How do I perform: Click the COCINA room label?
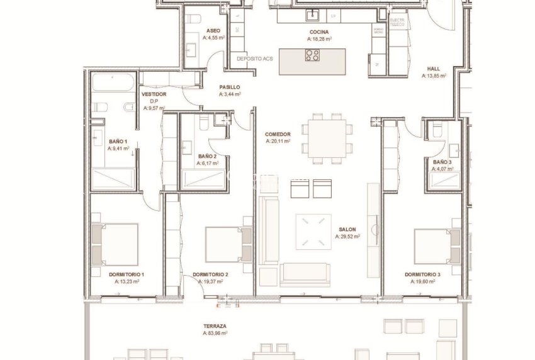(319, 32)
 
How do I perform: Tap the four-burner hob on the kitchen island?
(312, 55)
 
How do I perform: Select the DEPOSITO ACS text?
(254, 59)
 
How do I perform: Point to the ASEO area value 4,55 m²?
(213, 38)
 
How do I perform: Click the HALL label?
(434, 69)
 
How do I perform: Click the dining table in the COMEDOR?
(327, 137)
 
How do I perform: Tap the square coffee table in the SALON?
(313, 232)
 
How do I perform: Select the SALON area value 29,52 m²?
(348, 237)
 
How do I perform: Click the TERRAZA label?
(215, 326)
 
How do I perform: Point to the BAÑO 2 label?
(208, 156)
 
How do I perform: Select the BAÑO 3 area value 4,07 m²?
(442, 169)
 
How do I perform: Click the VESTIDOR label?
(154, 94)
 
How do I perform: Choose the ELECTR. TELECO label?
(397, 23)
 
